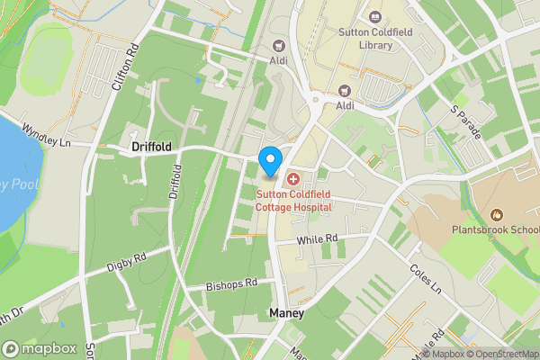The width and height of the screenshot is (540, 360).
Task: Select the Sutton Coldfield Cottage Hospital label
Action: (x=293, y=200)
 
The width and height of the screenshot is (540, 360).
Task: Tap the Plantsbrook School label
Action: (x=495, y=229)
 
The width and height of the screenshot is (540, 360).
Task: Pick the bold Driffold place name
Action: (x=151, y=146)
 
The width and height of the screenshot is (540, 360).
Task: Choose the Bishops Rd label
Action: (x=231, y=283)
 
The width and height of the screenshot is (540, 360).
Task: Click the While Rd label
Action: (x=319, y=238)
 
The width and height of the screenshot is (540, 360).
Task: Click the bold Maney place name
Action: (x=286, y=312)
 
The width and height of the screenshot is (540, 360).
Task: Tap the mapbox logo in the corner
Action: (x=39, y=348)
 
